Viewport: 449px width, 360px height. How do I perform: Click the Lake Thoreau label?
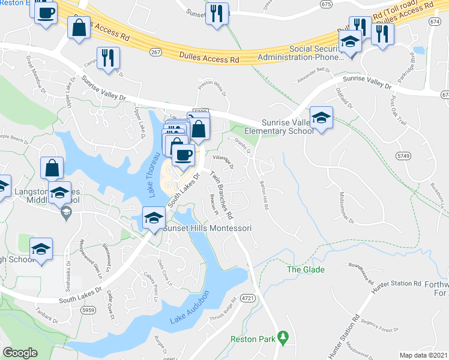[x=154, y=175]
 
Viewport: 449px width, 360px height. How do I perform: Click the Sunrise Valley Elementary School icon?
[x=321, y=118]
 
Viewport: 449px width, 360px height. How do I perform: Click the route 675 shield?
[x=326, y=4]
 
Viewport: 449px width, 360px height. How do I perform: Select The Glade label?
[x=306, y=269]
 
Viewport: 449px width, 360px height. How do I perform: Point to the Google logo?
[x=20, y=353]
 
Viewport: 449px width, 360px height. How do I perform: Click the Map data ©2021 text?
[x=423, y=355]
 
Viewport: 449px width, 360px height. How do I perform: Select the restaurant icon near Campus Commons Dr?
[x=109, y=58]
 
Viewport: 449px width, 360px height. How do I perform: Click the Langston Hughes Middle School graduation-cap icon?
[x=59, y=193]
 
